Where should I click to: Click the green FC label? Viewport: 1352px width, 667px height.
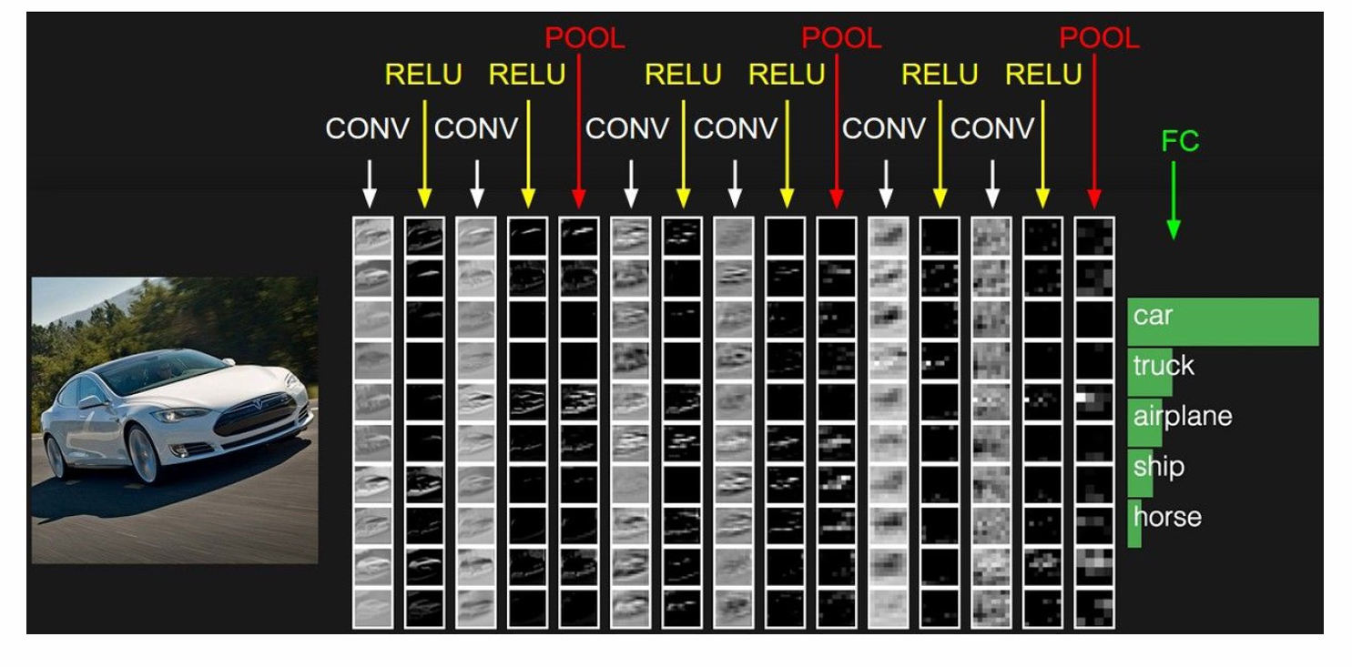[x=1180, y=141]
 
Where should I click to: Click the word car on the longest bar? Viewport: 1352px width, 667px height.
[x=1153, y=317]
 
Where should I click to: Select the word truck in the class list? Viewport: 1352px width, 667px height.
[x=1163, y=366]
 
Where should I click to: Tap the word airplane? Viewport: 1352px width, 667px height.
[x=1182, y=416]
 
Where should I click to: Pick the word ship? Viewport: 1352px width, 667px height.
[x=1158, y=467]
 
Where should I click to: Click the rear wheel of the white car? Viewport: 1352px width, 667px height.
[x=55, y=456]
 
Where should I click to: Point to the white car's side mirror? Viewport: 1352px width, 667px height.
[x=91, y=401]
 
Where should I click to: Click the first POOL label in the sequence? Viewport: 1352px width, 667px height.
[x=585, y=38]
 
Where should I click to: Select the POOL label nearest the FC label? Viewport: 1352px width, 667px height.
[x=1099, y=38]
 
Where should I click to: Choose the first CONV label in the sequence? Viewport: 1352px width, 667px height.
[x=368, y=129]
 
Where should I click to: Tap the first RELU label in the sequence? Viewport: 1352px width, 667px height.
[x=423, y=75]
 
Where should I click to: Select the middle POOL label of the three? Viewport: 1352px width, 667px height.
[x=841, y=38]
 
